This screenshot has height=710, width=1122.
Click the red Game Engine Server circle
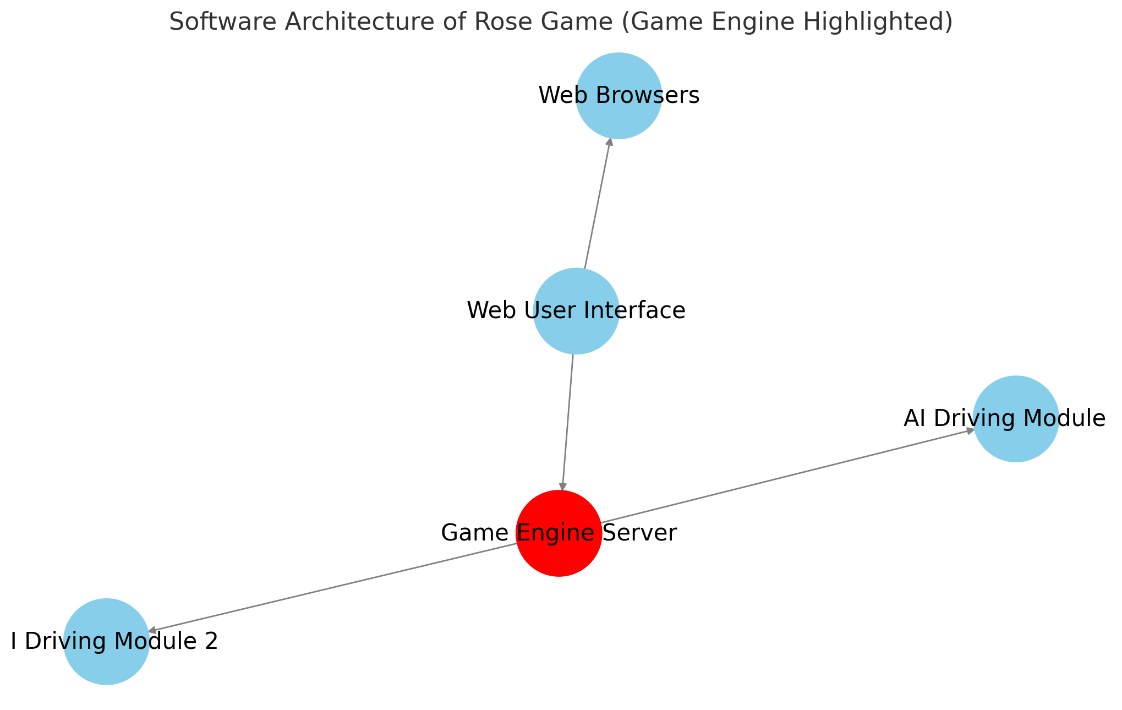coord(559,556)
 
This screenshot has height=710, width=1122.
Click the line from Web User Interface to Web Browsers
coord(596,204)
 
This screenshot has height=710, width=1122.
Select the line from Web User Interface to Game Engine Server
coord(568,421)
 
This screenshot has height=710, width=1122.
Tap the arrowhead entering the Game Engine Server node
coord(562,485)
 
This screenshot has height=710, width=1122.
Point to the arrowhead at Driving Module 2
coord(153,631)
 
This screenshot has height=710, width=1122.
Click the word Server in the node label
coord(640,533)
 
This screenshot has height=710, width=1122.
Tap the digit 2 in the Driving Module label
coord(212,642)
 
